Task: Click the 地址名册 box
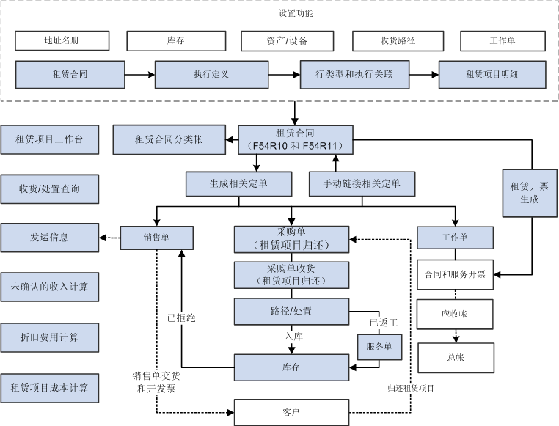click(x=62, y=40)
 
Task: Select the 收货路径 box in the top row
click(x=398, y=40)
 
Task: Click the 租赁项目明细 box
click(x=492, y=75)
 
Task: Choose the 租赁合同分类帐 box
click(x=169, y=139)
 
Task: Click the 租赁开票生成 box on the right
click(x=529, y=193)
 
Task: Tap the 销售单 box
click(x=156, y=237)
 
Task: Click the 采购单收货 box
click(x=292, y=275)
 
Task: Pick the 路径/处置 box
click(x=292, y=311)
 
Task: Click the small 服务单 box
click(x=379, y=346)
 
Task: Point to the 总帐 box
click(x=454, y=358)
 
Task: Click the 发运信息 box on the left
click(x=50, y=238)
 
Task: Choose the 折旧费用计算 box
click(x=50, y=337)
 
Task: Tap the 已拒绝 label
click(x=180, y=319)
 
